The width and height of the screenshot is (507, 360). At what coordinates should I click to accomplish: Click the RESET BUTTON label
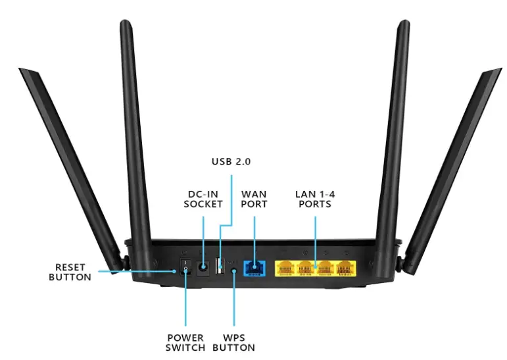point(72,271)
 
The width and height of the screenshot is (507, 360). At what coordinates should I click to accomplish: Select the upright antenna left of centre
point(132,132)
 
